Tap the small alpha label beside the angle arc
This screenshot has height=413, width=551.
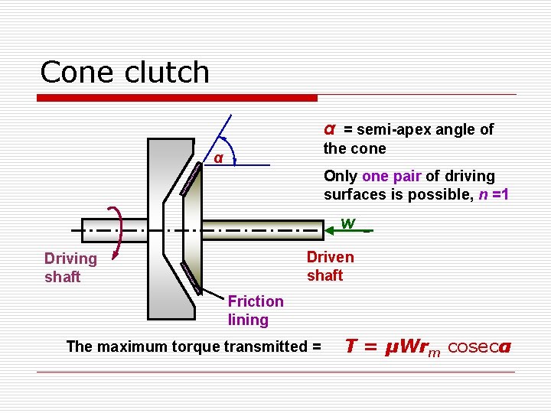218,159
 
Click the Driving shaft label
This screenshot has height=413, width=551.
70,268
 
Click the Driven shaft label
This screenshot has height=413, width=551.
330,266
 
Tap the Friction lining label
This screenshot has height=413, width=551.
255,311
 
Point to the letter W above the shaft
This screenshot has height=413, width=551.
348,223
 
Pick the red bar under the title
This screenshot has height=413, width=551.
178,98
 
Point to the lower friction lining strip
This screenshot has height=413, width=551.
191,278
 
